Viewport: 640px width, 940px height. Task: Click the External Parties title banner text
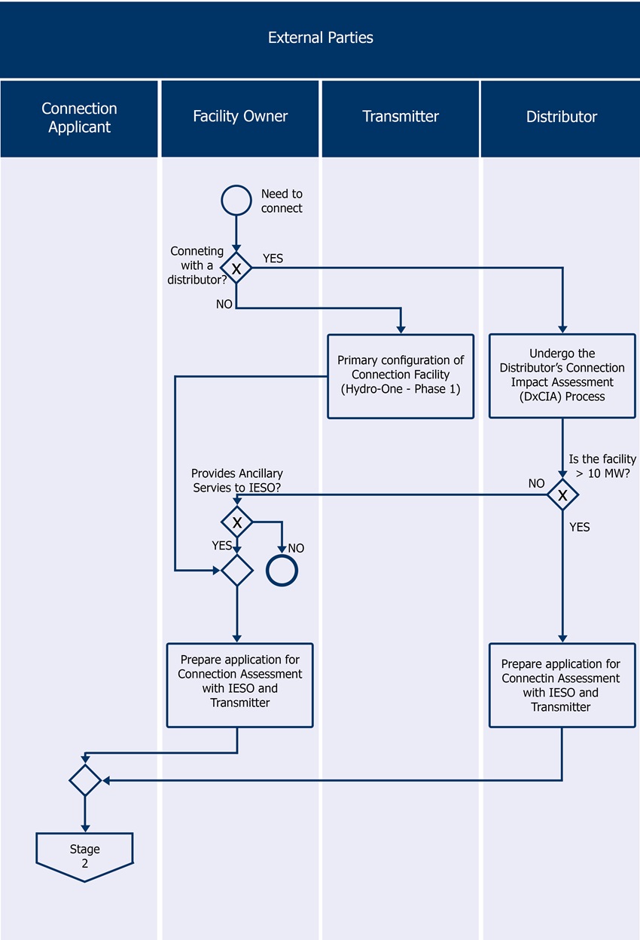pos(320,37)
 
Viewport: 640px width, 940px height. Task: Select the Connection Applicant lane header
pos(79,118)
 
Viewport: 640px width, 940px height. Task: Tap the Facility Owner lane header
pos(240,116)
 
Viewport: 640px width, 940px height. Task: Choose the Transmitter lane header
pos(400,116)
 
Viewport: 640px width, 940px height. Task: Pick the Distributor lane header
pos(561,117)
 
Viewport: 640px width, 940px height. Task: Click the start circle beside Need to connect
pos(236,201)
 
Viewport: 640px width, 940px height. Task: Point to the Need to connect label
pos(282,201)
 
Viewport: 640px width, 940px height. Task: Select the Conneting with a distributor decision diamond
pos(236,268)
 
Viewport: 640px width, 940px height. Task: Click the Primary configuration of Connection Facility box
pos(400,375)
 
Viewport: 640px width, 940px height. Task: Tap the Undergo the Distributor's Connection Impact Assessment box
pos(562,375)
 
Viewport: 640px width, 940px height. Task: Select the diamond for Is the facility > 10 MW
pos(562,495)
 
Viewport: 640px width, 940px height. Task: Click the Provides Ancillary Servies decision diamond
pos(237,522)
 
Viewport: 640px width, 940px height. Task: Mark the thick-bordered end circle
pos(282,571)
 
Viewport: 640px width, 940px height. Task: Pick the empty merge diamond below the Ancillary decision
pos(237,571)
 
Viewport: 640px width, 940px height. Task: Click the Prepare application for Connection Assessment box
pos(239,684)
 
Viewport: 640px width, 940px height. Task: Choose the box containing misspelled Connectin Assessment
pos(562,684)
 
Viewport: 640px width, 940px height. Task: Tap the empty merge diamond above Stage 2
pos(84,780)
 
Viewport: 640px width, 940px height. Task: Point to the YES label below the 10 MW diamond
pos(579,528)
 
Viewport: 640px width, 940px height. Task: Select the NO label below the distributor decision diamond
pos(224,305)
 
